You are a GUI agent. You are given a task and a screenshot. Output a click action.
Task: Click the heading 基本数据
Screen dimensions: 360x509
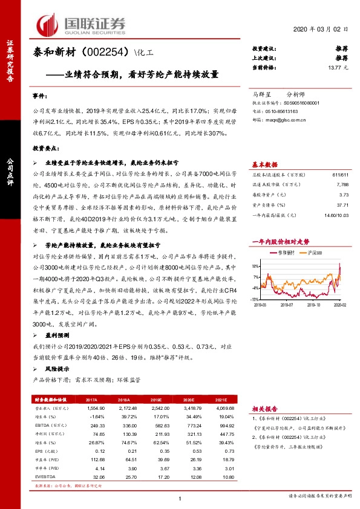[264, 164]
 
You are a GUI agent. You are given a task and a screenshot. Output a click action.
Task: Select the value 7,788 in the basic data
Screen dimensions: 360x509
[342, 184]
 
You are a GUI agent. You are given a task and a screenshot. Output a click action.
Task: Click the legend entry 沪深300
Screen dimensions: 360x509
[315, 251]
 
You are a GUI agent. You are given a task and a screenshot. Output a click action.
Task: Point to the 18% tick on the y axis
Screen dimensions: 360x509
[256, 265]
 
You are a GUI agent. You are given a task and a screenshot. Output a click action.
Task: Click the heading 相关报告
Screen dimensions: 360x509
[264, 409]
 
